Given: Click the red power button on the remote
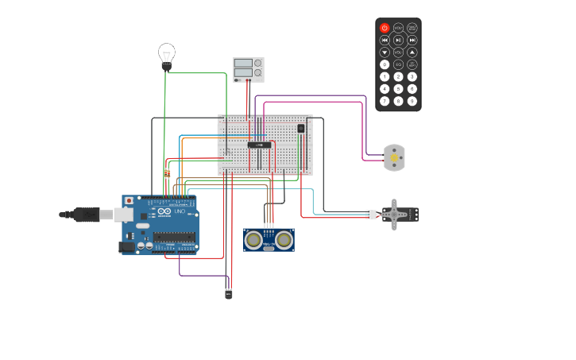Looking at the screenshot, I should pyautogui.click(x=385, y=28).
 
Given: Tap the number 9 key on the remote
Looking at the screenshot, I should pyautogui.click(x=412, y=101).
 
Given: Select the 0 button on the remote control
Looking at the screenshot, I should pyautogui.click(x=385, y=64).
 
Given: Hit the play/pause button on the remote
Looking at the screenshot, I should pyautogui.click(x=398, y=40).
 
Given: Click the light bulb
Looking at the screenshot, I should pyautogui.click(x=166, y=54).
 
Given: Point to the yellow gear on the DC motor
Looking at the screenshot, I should pyautogui.click(x=394, y=158).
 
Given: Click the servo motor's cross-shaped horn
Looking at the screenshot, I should pyautogui.click(x=394, y=215).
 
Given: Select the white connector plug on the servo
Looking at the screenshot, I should pyautogui.click(x=370, y=215).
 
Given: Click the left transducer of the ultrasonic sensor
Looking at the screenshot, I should pyautogui.click(x=254, y=239).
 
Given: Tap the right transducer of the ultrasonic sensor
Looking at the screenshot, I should pyautogui.click(x=284, y=239).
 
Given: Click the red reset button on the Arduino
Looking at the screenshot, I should pyautogui.click(x=129, y=201).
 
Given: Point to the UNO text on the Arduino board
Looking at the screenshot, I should pyautogui.click(x=180, y=212).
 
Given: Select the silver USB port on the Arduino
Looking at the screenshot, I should pyautogui.click(x=122, y=215).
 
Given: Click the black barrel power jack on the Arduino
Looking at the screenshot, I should pyautogui.click(x=126, y=247).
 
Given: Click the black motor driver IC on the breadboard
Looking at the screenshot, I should pyautogui.click(x=259, y=145).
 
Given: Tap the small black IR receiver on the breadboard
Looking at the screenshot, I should pyautogui.click(x=300, y=128).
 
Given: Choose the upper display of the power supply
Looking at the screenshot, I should pyautogui.click(x=243, y=63).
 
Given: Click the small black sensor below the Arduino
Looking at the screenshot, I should pyautogui.click(x=229, y=294).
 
